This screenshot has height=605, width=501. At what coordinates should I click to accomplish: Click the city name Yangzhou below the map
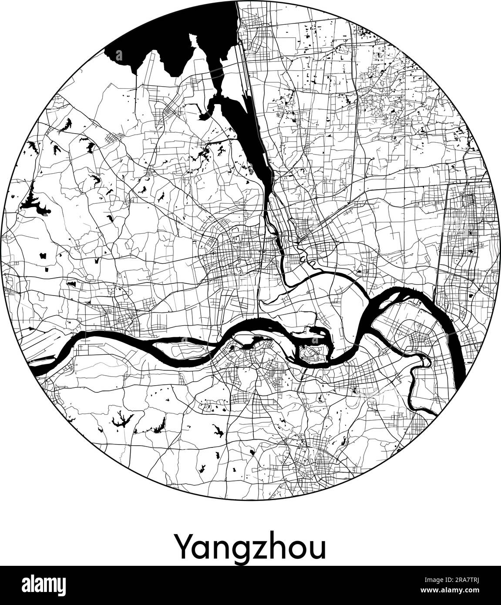[x=250, y=547]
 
